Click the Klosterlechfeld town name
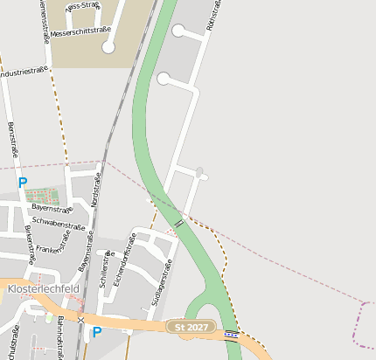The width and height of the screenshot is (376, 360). (42, 288)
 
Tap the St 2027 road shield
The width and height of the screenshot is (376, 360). (191, 327)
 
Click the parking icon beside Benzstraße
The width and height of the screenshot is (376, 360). (23, 183)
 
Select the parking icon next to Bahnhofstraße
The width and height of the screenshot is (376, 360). (97, 332)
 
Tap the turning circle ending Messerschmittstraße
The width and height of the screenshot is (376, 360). (108, 48)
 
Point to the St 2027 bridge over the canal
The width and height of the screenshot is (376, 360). (230, 334)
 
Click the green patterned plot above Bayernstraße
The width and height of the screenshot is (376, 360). (44, 195)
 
